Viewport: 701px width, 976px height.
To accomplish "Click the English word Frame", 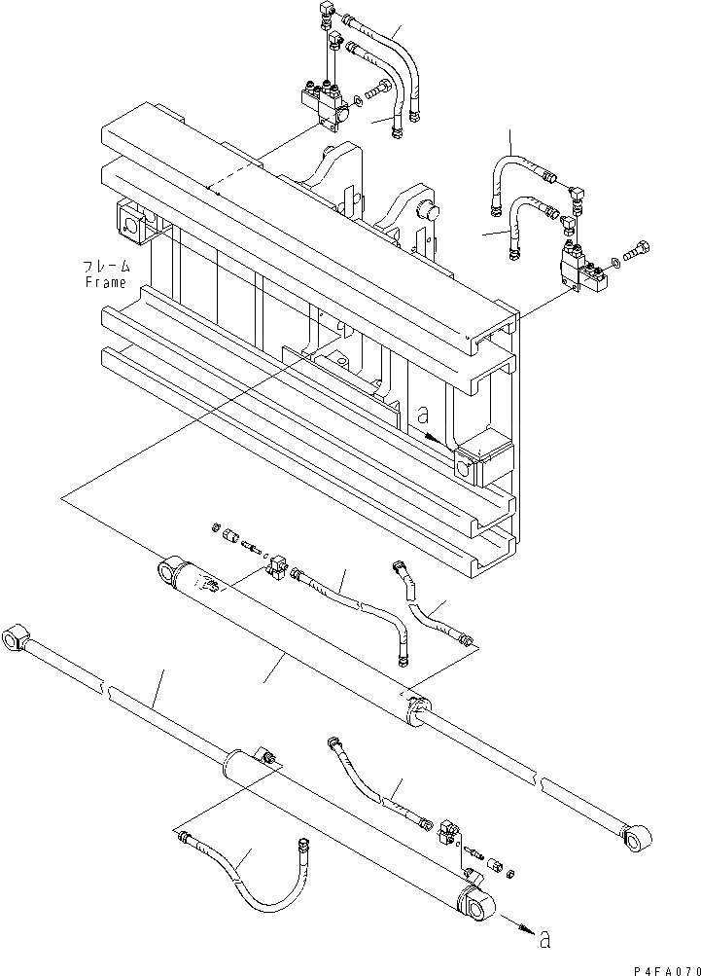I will [x=105, y=282].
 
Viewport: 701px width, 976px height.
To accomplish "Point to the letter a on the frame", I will [x=422, y=414].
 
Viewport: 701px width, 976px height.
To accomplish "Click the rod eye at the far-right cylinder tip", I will [x=638, y=836].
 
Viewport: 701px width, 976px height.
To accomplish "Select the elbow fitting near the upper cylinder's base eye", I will [x=273, y=564].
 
